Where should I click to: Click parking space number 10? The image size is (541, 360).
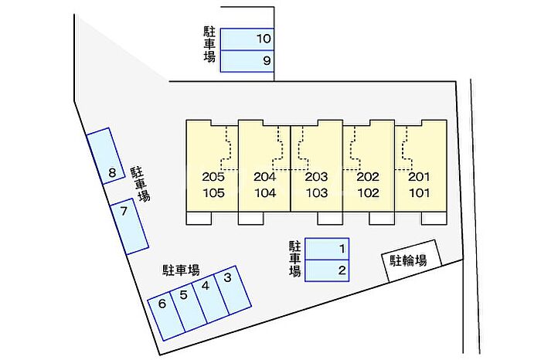[247, 39]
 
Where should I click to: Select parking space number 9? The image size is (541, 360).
[247, 61]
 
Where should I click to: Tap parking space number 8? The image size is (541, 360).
[106, 156]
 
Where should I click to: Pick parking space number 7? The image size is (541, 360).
[129, 226]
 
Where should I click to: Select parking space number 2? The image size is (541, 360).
[327, 270]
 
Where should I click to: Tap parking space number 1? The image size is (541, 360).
[327, 249]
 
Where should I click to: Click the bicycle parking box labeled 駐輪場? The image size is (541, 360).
[411, 261]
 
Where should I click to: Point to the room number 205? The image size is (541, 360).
[213, 177]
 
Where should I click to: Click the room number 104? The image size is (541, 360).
[265, 193]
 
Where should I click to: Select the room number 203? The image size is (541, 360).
[316, 177]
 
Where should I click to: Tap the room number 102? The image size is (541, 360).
[368, 193]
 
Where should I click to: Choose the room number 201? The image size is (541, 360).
[419, 177]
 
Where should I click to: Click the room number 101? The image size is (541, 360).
[420, 193]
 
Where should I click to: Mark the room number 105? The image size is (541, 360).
[213, 193]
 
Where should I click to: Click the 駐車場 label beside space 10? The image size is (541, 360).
[209, 45]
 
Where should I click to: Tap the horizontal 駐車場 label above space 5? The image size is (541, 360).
[181, 270]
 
